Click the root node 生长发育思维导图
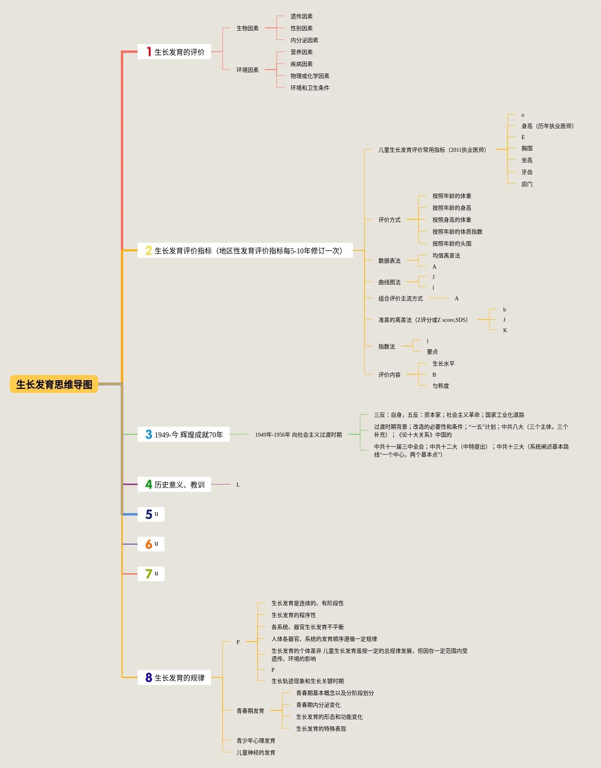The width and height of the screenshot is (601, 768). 54,384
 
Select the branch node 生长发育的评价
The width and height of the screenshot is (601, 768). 179,52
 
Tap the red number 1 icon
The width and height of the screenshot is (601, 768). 149,52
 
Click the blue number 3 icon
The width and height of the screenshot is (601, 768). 149,434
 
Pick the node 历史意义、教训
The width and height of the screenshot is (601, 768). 179,485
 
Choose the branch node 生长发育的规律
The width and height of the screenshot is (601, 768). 179,678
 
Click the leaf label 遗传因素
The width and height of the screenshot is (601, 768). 301,16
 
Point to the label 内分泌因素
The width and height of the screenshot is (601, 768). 304,40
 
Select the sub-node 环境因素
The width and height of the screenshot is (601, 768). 247,70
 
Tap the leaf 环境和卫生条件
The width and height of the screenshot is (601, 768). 310,88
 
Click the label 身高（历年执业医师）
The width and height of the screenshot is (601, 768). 547,126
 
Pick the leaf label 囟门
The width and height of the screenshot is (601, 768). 527,184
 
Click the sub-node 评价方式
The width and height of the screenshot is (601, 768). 389,220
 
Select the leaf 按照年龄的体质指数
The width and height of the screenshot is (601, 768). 457,232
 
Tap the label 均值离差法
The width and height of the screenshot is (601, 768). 446,255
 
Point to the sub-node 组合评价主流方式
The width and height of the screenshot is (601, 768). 400,298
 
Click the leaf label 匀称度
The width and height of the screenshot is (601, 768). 440,386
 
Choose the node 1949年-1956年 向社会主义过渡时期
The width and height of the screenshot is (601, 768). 298,435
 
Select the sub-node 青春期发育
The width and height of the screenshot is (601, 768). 250,711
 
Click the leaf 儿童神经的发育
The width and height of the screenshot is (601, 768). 256,753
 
